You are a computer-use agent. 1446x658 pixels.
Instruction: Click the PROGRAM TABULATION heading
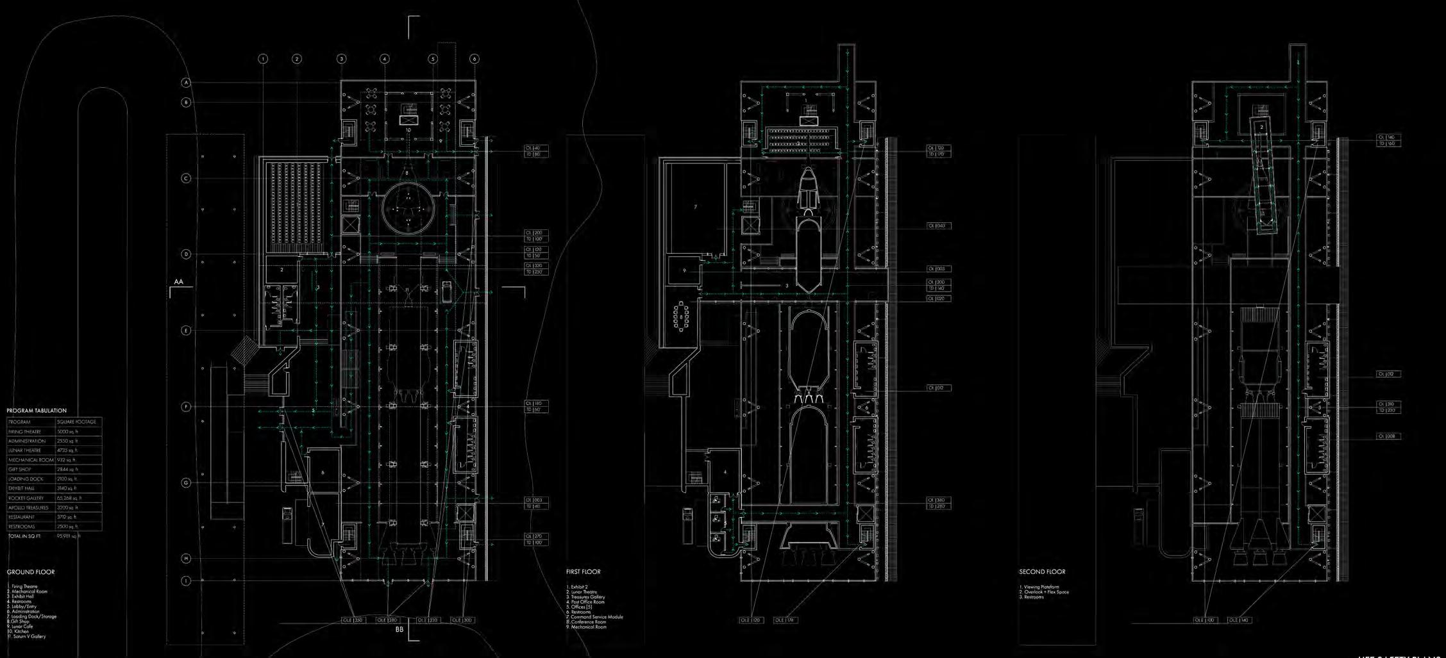pos(37,411)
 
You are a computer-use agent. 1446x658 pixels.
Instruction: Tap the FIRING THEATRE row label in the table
pos(25,432)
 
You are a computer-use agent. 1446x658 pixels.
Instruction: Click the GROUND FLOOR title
pos(31,572)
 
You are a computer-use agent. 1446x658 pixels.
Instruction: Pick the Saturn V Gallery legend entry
pos(27,636)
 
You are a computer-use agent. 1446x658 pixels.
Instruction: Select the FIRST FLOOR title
pos(583,572)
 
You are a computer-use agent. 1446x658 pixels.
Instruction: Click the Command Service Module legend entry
pos(596,617)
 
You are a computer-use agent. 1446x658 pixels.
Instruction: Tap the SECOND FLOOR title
pos(1042,572)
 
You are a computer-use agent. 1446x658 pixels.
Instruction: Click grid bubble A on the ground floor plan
pos(187,83)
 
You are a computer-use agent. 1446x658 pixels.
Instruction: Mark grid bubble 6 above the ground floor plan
pos(475,59)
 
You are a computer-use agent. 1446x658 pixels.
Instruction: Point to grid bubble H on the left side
pos(187,559)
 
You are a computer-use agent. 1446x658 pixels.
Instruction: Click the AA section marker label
pos(179,281)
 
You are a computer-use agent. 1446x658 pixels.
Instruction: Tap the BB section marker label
pos(399,630)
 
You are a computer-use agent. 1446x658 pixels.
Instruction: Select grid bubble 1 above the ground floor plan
pos(263,59)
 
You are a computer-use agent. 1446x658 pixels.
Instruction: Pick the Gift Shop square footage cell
pos(67,470)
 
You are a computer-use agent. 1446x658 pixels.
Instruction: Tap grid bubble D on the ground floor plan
pos(187,254)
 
